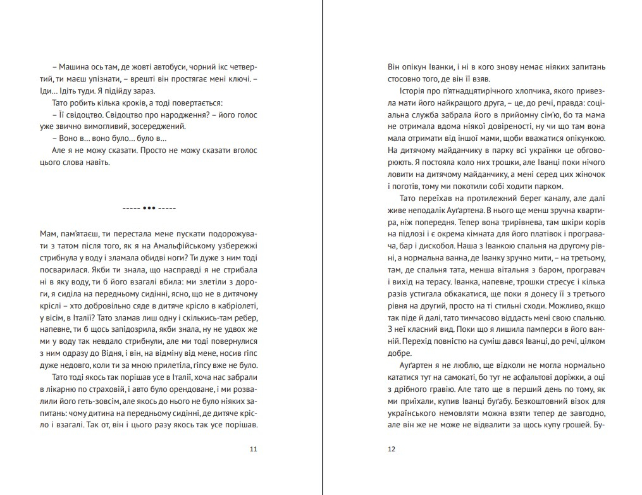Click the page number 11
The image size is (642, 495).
coord(254,449)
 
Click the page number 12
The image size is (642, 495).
coord(391,449)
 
